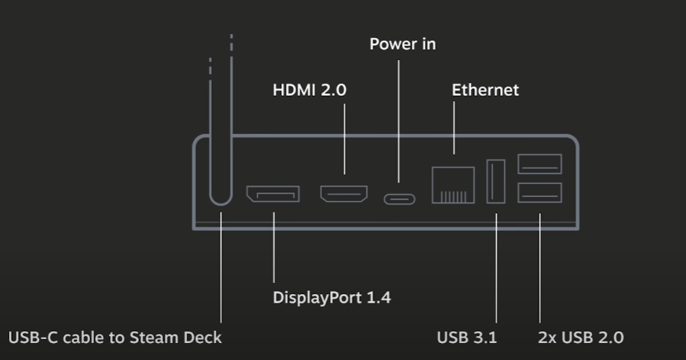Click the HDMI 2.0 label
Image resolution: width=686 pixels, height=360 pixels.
309,90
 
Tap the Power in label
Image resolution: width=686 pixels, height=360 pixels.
402,44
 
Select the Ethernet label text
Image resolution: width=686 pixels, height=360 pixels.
485,90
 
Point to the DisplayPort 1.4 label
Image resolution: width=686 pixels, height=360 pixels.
331,298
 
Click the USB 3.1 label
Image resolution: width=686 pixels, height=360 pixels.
466,337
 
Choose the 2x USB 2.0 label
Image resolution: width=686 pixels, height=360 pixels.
580,337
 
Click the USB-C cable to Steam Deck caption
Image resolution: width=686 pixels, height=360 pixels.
115,337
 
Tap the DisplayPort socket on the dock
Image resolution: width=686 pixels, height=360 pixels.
273,194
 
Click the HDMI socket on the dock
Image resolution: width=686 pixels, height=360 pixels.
344,194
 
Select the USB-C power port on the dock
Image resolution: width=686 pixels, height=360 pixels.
399,199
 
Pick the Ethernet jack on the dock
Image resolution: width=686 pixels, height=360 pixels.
453,185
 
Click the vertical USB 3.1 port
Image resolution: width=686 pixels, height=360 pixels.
496,181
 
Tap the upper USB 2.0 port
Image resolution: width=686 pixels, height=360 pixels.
540,164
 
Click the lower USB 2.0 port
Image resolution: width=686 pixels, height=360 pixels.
540,192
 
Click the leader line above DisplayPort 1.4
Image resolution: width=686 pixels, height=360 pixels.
274,248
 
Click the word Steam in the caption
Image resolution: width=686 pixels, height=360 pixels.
153,337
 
